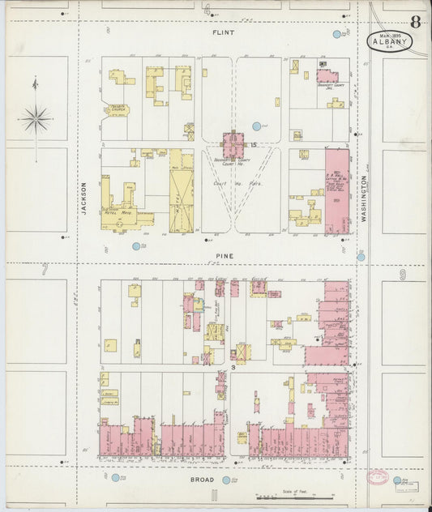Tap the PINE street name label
(224, 256)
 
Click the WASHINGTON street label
(364, 200)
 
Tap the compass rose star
(35, 120)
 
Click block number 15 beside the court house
(254, 145)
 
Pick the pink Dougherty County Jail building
(327, 77)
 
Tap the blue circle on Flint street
(337, 35)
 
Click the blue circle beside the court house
(257, 126)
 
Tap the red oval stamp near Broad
(378, 478)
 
